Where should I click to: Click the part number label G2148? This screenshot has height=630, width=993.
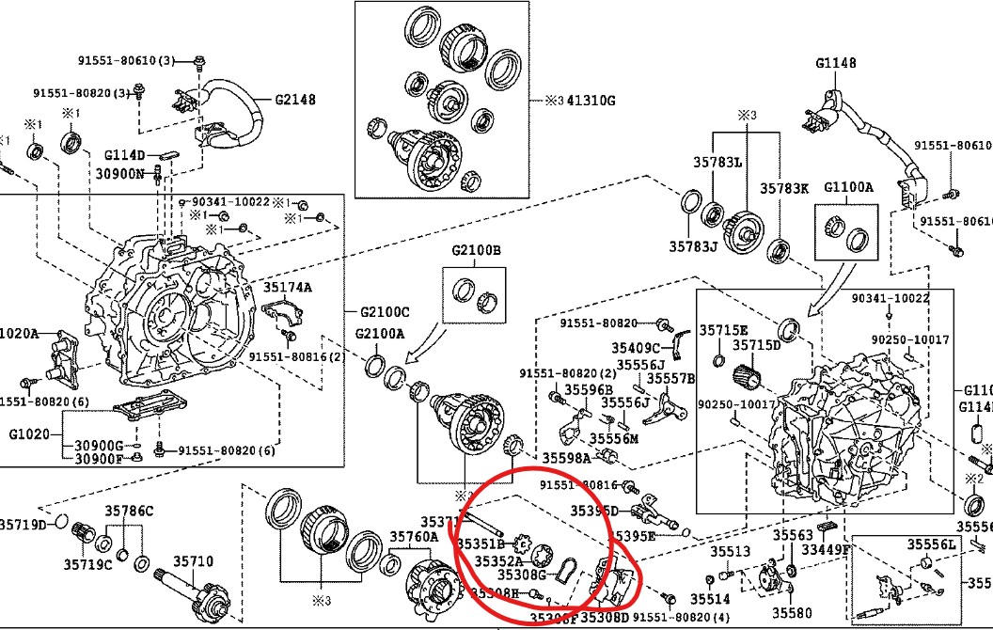pyautogui.click(x=294, y=99)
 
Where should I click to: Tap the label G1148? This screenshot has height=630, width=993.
pyautogui.click(x=836, y=64)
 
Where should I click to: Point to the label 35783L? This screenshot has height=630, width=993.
pyautogui.click(x=717, y=163)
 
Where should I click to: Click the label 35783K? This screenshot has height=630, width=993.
pyautogui.click(x=784, y=188)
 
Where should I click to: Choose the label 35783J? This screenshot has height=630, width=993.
pyautogui.click(x=693, y=247)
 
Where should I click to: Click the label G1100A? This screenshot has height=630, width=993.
pyautogui.click(x=848, y=187)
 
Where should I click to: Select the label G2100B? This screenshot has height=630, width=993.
pyautogui.click(x=476, y=251)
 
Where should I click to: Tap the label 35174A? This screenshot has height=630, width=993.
pyautogui.click(x=287, y=287)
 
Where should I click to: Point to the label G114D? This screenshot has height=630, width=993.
pyautogui.click(x=124, y=154)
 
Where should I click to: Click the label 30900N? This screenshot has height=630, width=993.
pyautogui.click(x=119, y=173)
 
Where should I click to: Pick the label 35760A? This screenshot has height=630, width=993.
pyautogui.click(x=415, y=537)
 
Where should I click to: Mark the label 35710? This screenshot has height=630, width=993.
pyautogui.click(x=196, y=561)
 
